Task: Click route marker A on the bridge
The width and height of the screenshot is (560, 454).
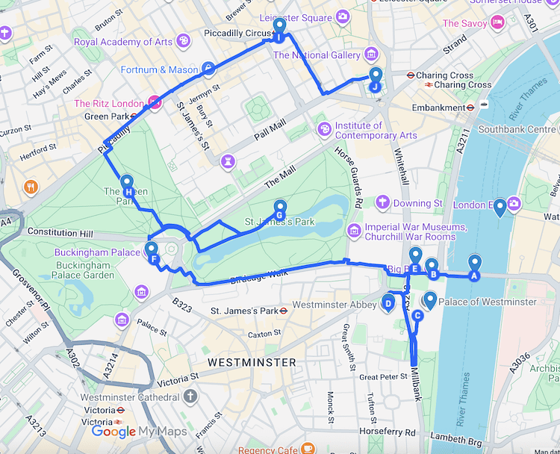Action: tap(474, 266)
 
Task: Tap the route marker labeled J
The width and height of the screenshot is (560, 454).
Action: tap(375, 79)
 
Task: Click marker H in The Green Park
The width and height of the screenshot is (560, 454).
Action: tap(128, 185)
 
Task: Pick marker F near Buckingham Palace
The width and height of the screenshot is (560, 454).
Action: tap(152, 252)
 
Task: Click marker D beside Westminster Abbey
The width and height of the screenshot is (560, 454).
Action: tap(388, 302)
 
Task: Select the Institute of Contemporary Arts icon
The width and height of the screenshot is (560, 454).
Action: tap(324, 130)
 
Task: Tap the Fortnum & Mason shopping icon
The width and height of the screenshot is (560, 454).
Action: tap(208, 70)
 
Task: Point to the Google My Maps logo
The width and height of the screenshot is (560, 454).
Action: tap(139, 432)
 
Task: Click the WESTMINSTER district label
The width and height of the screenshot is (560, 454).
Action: tap(252, 362)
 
